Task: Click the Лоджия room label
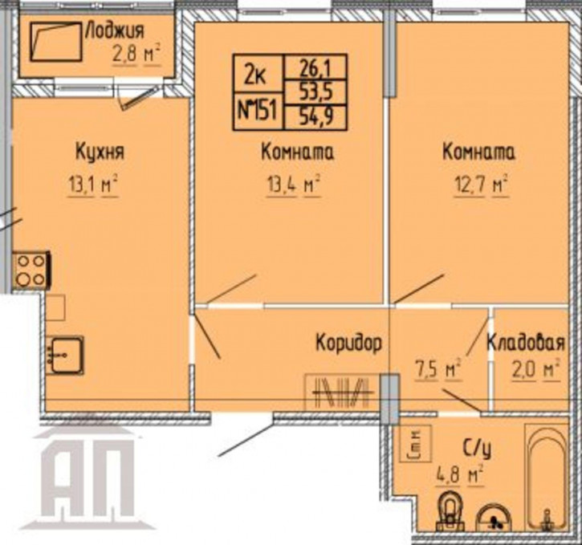pyautogui.click(x=115, y=31)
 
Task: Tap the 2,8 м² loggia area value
pyautogui.click(x=136, y=55)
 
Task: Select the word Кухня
pyautogui.click(x=100, y=153)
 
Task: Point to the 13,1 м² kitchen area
pyautogui.click(x=93, y=185)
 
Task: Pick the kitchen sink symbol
pyautogui.click(x=65, y=355)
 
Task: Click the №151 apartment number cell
pyautogui.click(x=258, y=110)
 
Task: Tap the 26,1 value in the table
pyautogui.click(x=315, y=68)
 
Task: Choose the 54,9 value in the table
pyautogui.click(x=315, y=117)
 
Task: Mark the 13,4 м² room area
pyautogui.click(x=293, y=184)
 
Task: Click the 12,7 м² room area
pyautogui.click(x=482, y=185)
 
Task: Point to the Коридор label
pyautogui.click(x=348, y=343)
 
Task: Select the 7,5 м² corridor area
pyautogui.click(x=438, y=369)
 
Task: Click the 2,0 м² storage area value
pyautogui.click(x=535, y=370)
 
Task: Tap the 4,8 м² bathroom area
pyautogui.click(x=460, y=476)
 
